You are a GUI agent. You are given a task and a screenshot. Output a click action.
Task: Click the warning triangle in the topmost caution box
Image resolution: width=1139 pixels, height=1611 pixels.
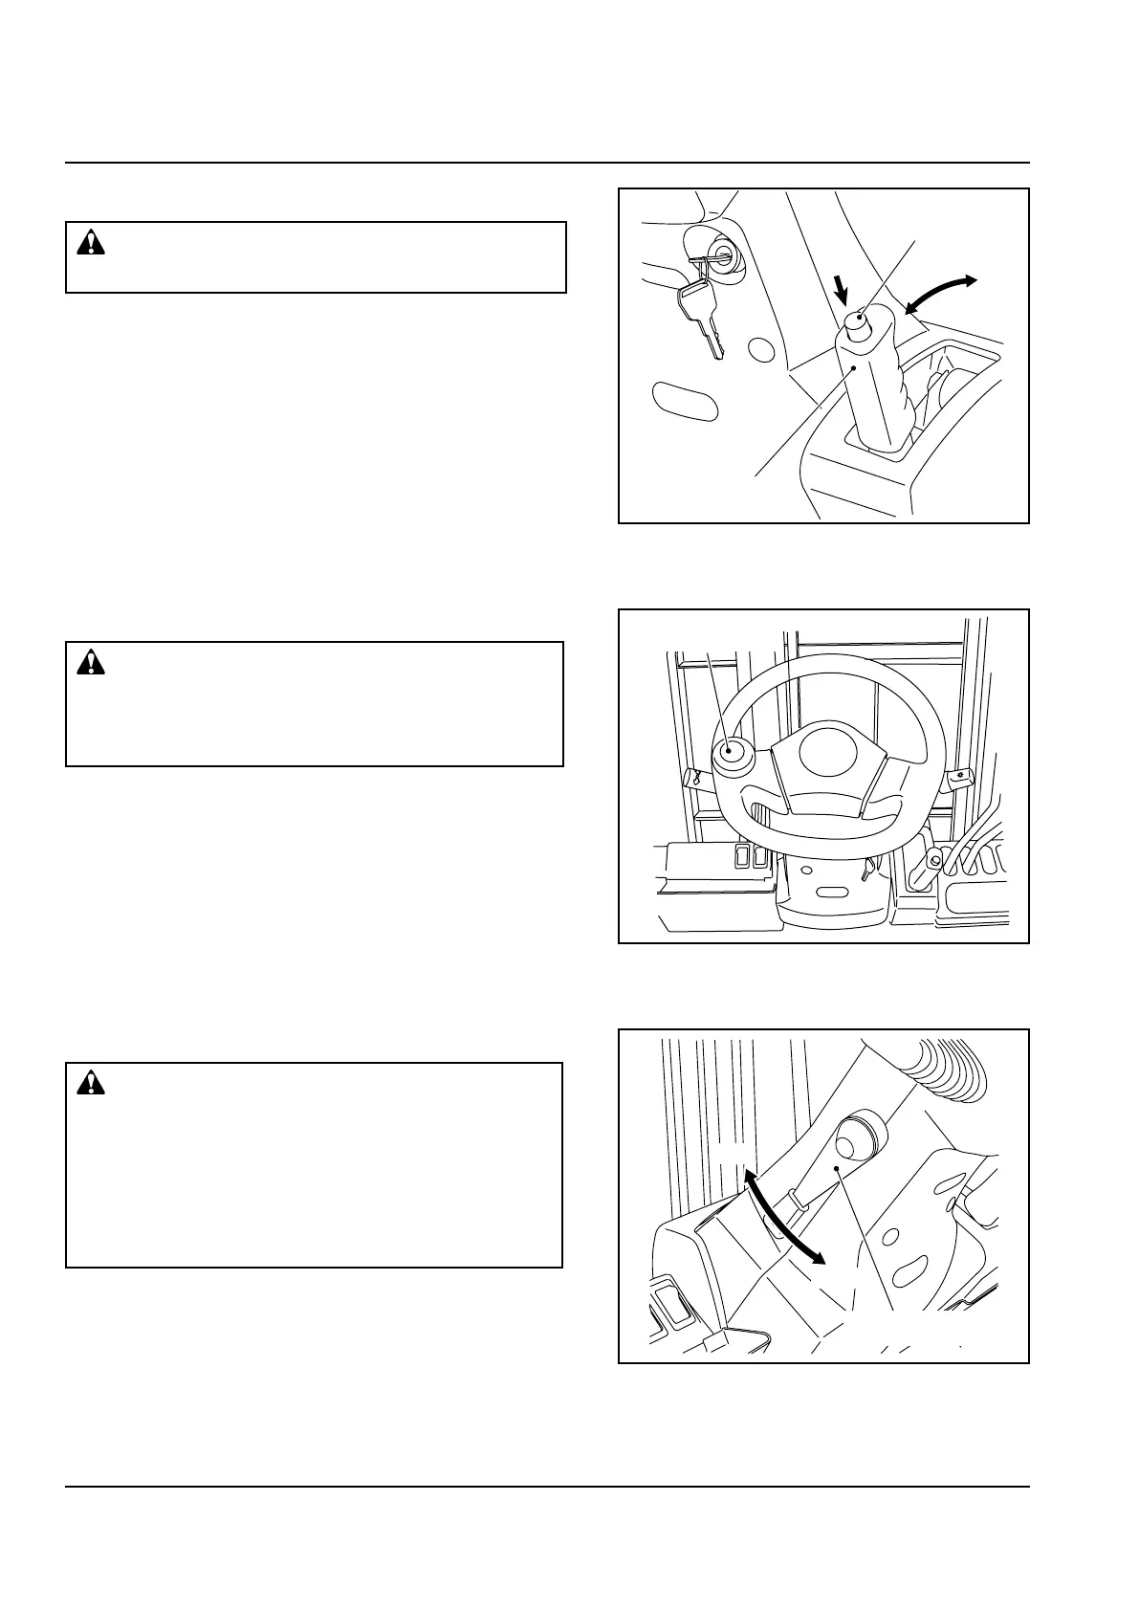[91, 243]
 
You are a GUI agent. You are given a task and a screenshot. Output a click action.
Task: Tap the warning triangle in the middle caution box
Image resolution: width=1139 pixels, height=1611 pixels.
[91, 661]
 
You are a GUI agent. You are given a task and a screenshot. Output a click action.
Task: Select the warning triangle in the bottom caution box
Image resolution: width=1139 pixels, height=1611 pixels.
[91, 1082]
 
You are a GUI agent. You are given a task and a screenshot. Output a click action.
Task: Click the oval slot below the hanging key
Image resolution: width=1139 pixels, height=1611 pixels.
[684, 401]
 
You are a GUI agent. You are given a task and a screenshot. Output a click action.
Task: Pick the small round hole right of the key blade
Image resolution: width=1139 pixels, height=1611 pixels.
[761, 349]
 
